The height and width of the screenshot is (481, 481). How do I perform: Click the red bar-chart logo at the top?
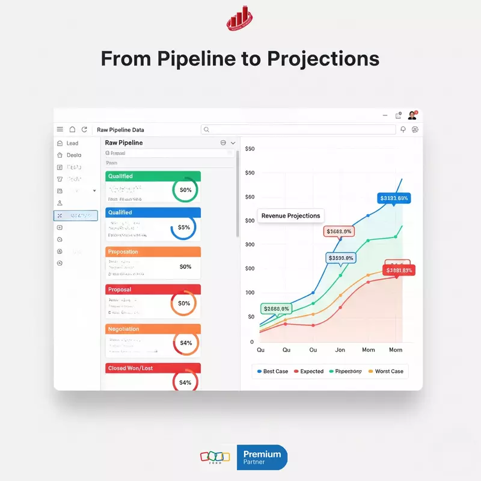(240, 19)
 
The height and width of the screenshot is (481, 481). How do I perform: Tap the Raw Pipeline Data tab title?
(120, 130)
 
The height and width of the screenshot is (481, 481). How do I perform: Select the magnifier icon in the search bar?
(206, 129)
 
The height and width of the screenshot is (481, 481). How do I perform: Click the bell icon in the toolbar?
(403, 129)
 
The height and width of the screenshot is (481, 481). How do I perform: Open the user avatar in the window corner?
(412, 115)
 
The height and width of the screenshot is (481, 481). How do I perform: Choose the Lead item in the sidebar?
(72, 143)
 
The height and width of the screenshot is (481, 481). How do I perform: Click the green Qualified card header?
(153, 176)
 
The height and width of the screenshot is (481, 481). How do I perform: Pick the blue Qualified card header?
(153, 212)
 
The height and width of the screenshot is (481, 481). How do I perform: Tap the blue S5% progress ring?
(184, 227)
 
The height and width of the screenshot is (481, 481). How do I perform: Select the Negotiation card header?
(153, 329)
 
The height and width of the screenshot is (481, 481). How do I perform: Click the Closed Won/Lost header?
(153, 367)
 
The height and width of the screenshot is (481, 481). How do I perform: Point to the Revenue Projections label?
(291, 216)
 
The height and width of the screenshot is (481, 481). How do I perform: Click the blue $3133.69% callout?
(394, 198)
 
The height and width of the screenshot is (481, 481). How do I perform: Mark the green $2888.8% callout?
(277, 308)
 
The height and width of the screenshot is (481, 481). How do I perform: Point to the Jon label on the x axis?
(340, 350)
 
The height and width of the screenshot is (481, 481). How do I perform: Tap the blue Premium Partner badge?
(262, 458)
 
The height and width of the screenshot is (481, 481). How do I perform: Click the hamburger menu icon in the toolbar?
(60, 129)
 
